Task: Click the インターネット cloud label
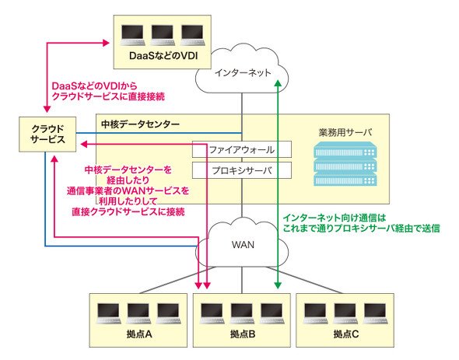click(x=243, y=72)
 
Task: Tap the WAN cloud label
click(x=243, y=245)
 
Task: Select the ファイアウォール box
click(x=242, y=149)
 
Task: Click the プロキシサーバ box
click(x=242, y=170)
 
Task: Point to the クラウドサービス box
click(x=47, y=135)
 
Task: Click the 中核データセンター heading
click(x=140, y=124)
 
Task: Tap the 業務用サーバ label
click(x=345, y=132)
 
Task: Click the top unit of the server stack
click(x=345, y=150)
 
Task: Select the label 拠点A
click(x=139, y=334)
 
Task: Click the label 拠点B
click(x=243, y=334)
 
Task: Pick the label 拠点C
click(x=345, y=334)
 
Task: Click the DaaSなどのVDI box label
click(x=163, y=56)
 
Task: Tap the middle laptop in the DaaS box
click(x=163, y=35)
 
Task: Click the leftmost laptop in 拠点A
click(x=109, y=313)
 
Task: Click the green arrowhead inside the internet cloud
click(x=278, y=82)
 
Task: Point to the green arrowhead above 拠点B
click(x=278, y=285)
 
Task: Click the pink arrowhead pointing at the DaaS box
click(x=106, y=43)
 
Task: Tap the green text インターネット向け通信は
click(x=335, y=218)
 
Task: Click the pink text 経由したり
click(x=128, y=180)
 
